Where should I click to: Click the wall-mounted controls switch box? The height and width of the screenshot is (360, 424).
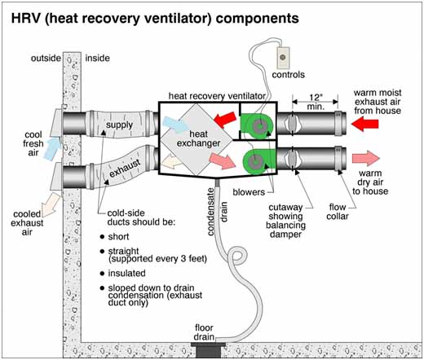283,58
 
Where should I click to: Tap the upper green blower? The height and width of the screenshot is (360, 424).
257,126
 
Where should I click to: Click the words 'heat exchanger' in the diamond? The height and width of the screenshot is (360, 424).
198,138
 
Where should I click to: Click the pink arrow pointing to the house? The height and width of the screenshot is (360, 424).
366,158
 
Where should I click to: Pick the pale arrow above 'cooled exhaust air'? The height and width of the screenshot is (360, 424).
51,204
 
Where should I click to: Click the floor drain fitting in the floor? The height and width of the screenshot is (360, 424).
208,349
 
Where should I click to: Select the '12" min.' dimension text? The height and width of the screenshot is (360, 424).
316,102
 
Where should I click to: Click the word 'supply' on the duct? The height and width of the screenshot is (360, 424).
119,125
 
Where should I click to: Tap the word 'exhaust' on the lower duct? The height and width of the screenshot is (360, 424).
125,168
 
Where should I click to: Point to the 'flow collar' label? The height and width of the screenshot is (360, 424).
338,212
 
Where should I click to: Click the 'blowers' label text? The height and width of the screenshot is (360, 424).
249,192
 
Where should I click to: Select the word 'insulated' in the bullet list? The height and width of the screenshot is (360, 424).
126,273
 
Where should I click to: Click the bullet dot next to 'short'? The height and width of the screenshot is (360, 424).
102,237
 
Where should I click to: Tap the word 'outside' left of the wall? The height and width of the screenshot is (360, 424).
46,58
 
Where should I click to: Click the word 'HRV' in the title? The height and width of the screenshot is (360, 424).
25,19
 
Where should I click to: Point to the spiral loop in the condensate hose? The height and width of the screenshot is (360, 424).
237,256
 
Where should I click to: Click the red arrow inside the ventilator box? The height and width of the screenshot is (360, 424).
225,120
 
